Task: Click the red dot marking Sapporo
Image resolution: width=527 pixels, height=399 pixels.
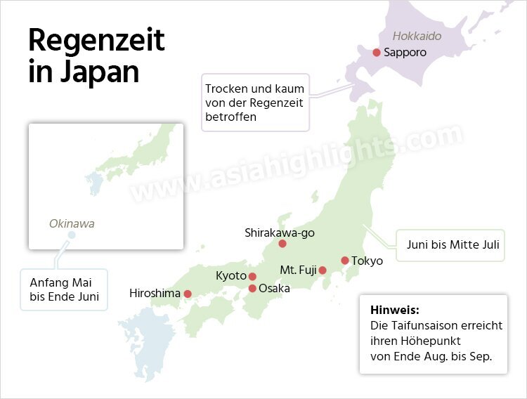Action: (x=377, y=53)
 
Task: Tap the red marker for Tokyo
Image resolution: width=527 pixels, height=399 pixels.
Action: (x=345, y=261)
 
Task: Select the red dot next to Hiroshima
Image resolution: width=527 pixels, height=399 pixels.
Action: (x=188, y=294)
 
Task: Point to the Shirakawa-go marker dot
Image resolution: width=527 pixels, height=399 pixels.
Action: (x=282, y=244)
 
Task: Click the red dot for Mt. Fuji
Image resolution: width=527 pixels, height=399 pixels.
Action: (x=323, y=270)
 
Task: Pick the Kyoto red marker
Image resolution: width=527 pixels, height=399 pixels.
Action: (x=252, y=276)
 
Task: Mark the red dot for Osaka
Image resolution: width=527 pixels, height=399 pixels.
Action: (x=252, y=288)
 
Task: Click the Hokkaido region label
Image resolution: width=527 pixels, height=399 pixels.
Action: (x=417, y=36)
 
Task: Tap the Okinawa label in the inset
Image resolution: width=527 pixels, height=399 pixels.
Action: (x=72, y=224)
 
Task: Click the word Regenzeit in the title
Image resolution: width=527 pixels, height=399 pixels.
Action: (x=96, y=41)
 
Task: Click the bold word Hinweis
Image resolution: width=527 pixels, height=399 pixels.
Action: (x=394, y=309)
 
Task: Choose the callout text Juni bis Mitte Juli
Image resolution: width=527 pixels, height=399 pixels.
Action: (x=453, y=245)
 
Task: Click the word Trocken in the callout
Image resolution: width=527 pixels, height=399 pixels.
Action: (x=225, y=89)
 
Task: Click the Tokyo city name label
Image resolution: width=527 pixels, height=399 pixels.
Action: (x=367, y=261)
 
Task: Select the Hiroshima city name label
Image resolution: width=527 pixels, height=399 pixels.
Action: (x=155, y=294)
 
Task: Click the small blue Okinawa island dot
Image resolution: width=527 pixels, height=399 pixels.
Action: (x=71, y=235)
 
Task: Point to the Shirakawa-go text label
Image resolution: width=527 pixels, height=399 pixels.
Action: (x=280, y=232)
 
